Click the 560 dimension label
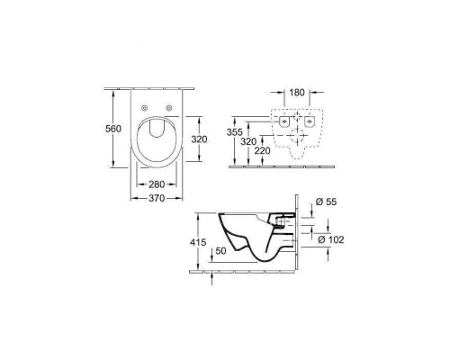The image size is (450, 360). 113,129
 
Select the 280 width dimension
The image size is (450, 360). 157,184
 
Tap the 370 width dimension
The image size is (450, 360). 157,198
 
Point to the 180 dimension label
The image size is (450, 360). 297,93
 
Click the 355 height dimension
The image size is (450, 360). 234,132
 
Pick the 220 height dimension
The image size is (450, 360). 262,150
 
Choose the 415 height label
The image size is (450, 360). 198,242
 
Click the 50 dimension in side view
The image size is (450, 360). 220,251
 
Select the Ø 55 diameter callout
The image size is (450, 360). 327,202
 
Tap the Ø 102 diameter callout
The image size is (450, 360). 331,239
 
